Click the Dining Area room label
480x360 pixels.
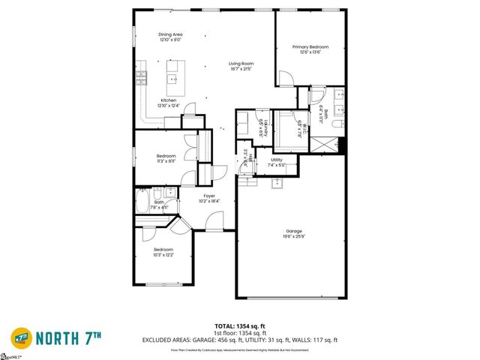click(x=170, y=34)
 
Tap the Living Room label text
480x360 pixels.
click(x=241, y=64)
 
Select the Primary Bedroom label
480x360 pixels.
click(x=310, y=46)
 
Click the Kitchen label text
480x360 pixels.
click(x=169, y=100)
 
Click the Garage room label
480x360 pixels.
click(x=293, y=231)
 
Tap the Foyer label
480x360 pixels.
click(x=209, y=195)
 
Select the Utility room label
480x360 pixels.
click(x=277, y=160)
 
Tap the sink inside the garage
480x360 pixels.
click(x=276, y=184)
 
